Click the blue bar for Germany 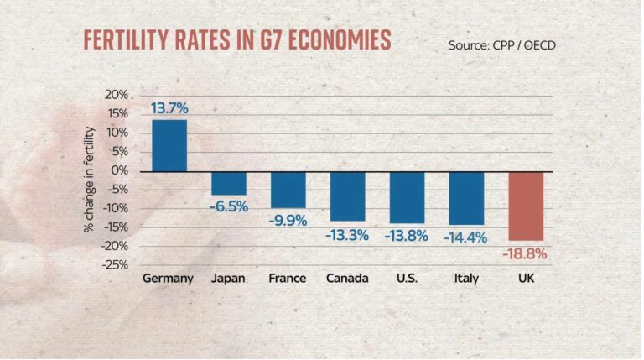click(x=169, y=145)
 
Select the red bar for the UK click(x=526, y=206)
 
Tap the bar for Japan click(x=229, y=183)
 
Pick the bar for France click(x=288, y=190)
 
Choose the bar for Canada click(x=348, y=196)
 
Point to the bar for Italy click(x=466, y=199)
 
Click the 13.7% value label click(x=169, y=108)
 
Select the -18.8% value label click(x=524, y=254)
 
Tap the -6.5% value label click(x=229, y=206)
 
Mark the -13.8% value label click(x=406, y=236)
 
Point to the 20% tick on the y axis click(x=117, y=95)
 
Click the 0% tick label click(x=120, y=170)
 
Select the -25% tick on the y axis click(x=115, y=265)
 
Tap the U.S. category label click(x=407, y=279)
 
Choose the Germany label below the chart click(x=168, y=279)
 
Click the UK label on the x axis click(x=526, y=279)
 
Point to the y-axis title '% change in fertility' click(x=89, y=180)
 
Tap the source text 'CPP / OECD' click(x=524, y=45)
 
